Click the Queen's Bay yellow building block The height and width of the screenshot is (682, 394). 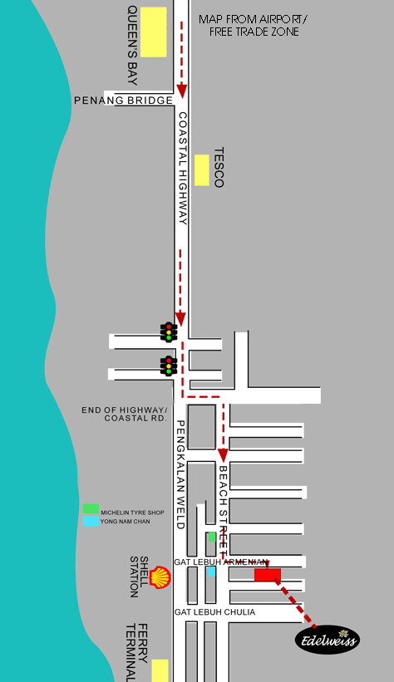coord(153,32)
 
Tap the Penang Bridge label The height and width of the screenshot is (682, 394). coord(124,101)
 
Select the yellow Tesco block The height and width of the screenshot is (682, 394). coord(201,170)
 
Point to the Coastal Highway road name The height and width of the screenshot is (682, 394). coord(183,169)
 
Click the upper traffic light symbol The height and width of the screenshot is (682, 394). coord(169,332)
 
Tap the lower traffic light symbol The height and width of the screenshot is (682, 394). coord(169,366)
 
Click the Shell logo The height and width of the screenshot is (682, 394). coord(160,577)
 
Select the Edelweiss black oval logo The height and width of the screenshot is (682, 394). coord(328,640)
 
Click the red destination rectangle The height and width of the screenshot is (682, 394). coord(268,575)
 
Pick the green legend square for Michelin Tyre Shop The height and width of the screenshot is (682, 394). coord(91,508)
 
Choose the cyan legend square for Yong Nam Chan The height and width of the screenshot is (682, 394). coord(91,521)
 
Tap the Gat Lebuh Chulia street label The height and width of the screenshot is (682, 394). coord(215,612)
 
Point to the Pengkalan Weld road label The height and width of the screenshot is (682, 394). coord(181,474)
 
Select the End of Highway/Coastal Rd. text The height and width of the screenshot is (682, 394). coord(125,414)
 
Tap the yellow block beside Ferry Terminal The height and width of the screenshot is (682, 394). coord(160,670)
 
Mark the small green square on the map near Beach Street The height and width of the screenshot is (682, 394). coord(212,537)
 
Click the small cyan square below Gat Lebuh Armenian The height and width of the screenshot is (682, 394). coord(212,572)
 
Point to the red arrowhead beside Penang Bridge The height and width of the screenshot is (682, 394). coord(181,91)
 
